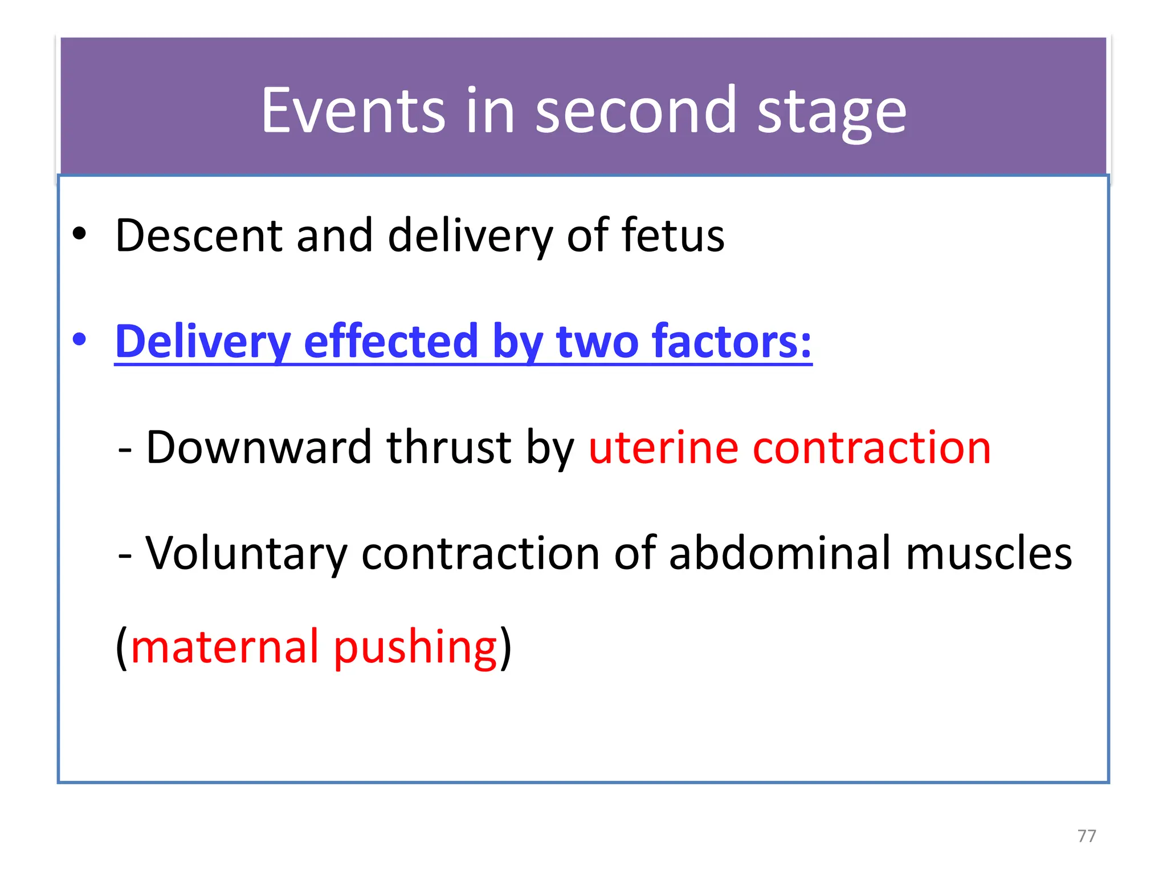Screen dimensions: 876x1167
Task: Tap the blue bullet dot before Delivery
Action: (79, 340)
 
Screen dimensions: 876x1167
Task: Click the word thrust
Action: (449, 447)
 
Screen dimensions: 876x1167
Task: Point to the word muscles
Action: (989, 553)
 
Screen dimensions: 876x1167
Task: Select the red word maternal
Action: (225, 647)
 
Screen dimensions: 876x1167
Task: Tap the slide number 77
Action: (1087, 836)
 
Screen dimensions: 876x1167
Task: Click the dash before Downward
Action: (125, 449)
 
